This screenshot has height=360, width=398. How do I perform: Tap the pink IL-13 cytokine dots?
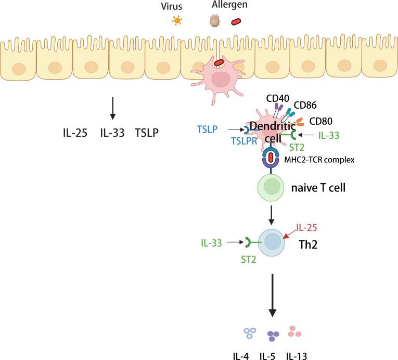[294, 331]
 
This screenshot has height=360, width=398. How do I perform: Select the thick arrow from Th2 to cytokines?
[271, 297]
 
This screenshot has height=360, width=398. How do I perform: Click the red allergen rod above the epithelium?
[236, 22]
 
